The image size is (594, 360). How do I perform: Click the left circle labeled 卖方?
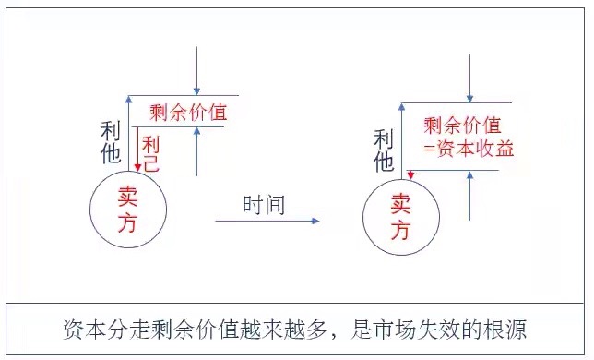click(x=128, y=210)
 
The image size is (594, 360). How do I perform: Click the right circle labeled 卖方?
click(x=399, y=218)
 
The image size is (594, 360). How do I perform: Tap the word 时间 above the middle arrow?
click(x=264, y=205)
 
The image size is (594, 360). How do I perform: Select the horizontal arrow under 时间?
click(x=267, y=222)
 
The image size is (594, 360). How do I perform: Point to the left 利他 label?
click(x=110, y=142)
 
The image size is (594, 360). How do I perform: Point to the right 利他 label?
click(x=384, y=151)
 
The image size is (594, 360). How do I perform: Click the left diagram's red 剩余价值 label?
click(x=188, y=113)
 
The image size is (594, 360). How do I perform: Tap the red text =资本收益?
click(x=468, y=148)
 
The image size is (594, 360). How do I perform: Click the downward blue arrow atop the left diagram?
click(x=197, y=69)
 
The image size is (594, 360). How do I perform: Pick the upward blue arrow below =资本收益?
click(x=469, y=198)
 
